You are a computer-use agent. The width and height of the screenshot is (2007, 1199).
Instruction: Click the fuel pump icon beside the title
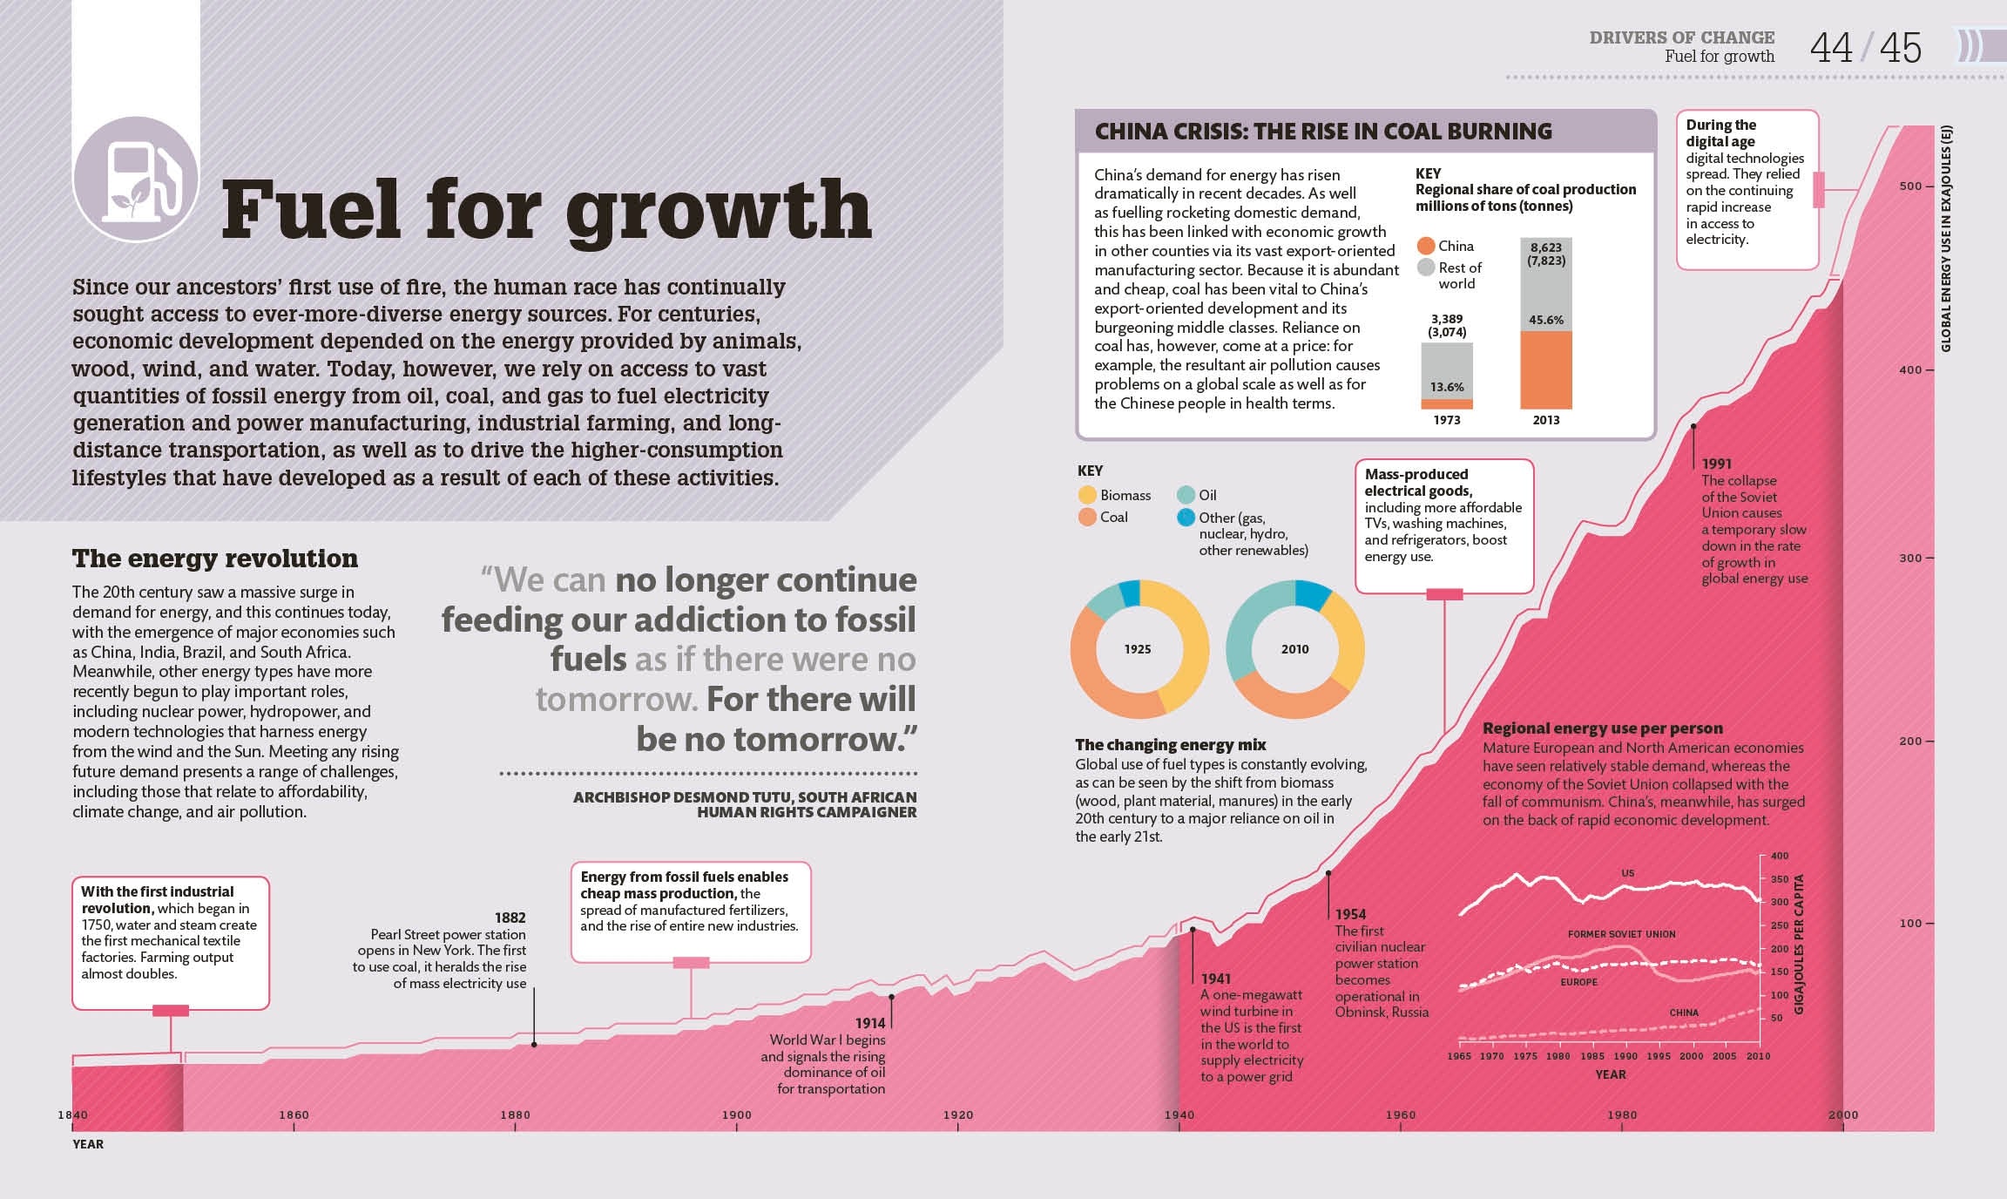(x=137, y=180)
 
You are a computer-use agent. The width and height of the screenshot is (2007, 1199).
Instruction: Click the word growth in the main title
(x=719, y=211)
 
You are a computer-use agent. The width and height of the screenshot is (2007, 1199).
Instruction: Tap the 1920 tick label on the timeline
(x=957, y=1114)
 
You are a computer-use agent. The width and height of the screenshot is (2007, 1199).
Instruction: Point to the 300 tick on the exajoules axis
(x=1909, y=558)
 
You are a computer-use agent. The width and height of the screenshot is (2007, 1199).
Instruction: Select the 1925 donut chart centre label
(x=1138, y=649)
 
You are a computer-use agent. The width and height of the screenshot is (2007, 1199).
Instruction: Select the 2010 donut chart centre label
(x=1294, y=649)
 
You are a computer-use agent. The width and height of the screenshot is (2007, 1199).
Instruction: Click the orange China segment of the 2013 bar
(x=1545, y=369)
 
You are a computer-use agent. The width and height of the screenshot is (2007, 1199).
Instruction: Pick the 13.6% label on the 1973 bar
(x=1447, y=387)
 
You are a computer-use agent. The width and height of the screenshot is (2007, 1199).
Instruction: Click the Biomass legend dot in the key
(x=1087, y=495)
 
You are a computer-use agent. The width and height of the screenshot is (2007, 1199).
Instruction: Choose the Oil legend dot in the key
(x=1186, y=495)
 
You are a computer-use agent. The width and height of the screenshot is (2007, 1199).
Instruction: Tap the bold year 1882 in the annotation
(x=510, y=918)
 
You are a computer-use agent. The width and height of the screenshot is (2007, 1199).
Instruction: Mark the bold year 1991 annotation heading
(x=1716, y=464)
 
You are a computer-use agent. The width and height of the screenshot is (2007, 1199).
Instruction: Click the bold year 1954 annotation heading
(x=1350, y=914)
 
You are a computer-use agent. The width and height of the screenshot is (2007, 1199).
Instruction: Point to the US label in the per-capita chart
(x=1627, y=873)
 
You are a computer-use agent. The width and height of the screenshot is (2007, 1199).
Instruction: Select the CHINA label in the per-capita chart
(x=1683, y=1013)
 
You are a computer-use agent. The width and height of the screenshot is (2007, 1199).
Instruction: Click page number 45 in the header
(x=1900, y=48)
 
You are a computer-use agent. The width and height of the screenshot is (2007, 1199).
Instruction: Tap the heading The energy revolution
(x=214, y=559)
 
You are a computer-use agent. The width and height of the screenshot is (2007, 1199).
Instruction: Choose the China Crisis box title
(x=1322, y=132)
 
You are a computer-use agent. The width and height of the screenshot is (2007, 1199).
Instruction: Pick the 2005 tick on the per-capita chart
(x=1724, y=1056)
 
